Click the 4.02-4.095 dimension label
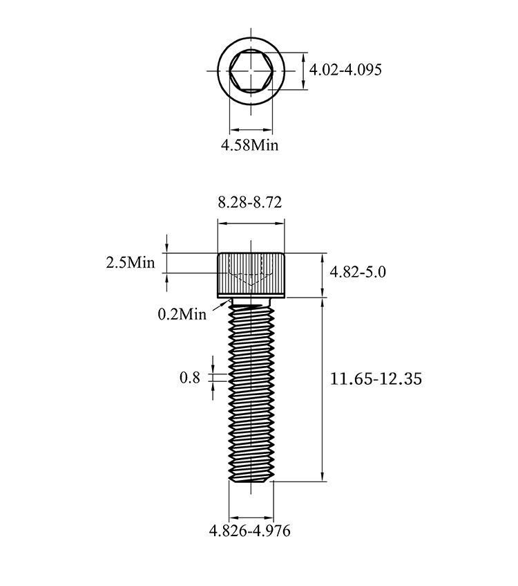tap(345, 70)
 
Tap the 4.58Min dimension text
tap(249, 145)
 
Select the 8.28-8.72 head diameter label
tap(249, 202)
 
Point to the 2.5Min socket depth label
tap(131, 263)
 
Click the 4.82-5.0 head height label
tap(358, 272)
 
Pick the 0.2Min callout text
tap(182, 314)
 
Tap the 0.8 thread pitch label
tap(189, 378)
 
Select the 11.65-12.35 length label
tap(376, 379)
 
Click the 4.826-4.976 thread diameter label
tap(249, 531)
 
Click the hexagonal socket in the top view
tap(251, 71)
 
